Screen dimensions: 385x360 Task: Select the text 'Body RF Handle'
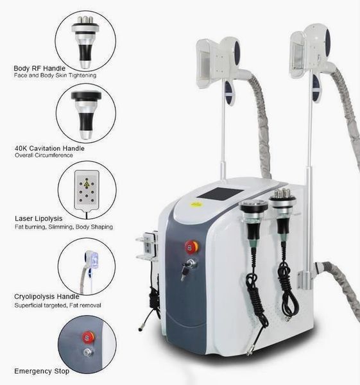(37, 67)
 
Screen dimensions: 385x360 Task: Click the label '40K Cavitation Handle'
(49, 148)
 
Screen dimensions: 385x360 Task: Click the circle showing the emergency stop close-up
(86, 342)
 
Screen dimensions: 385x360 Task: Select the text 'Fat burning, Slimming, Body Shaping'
(63, 227)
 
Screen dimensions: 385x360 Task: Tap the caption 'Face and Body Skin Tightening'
(55, 76)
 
